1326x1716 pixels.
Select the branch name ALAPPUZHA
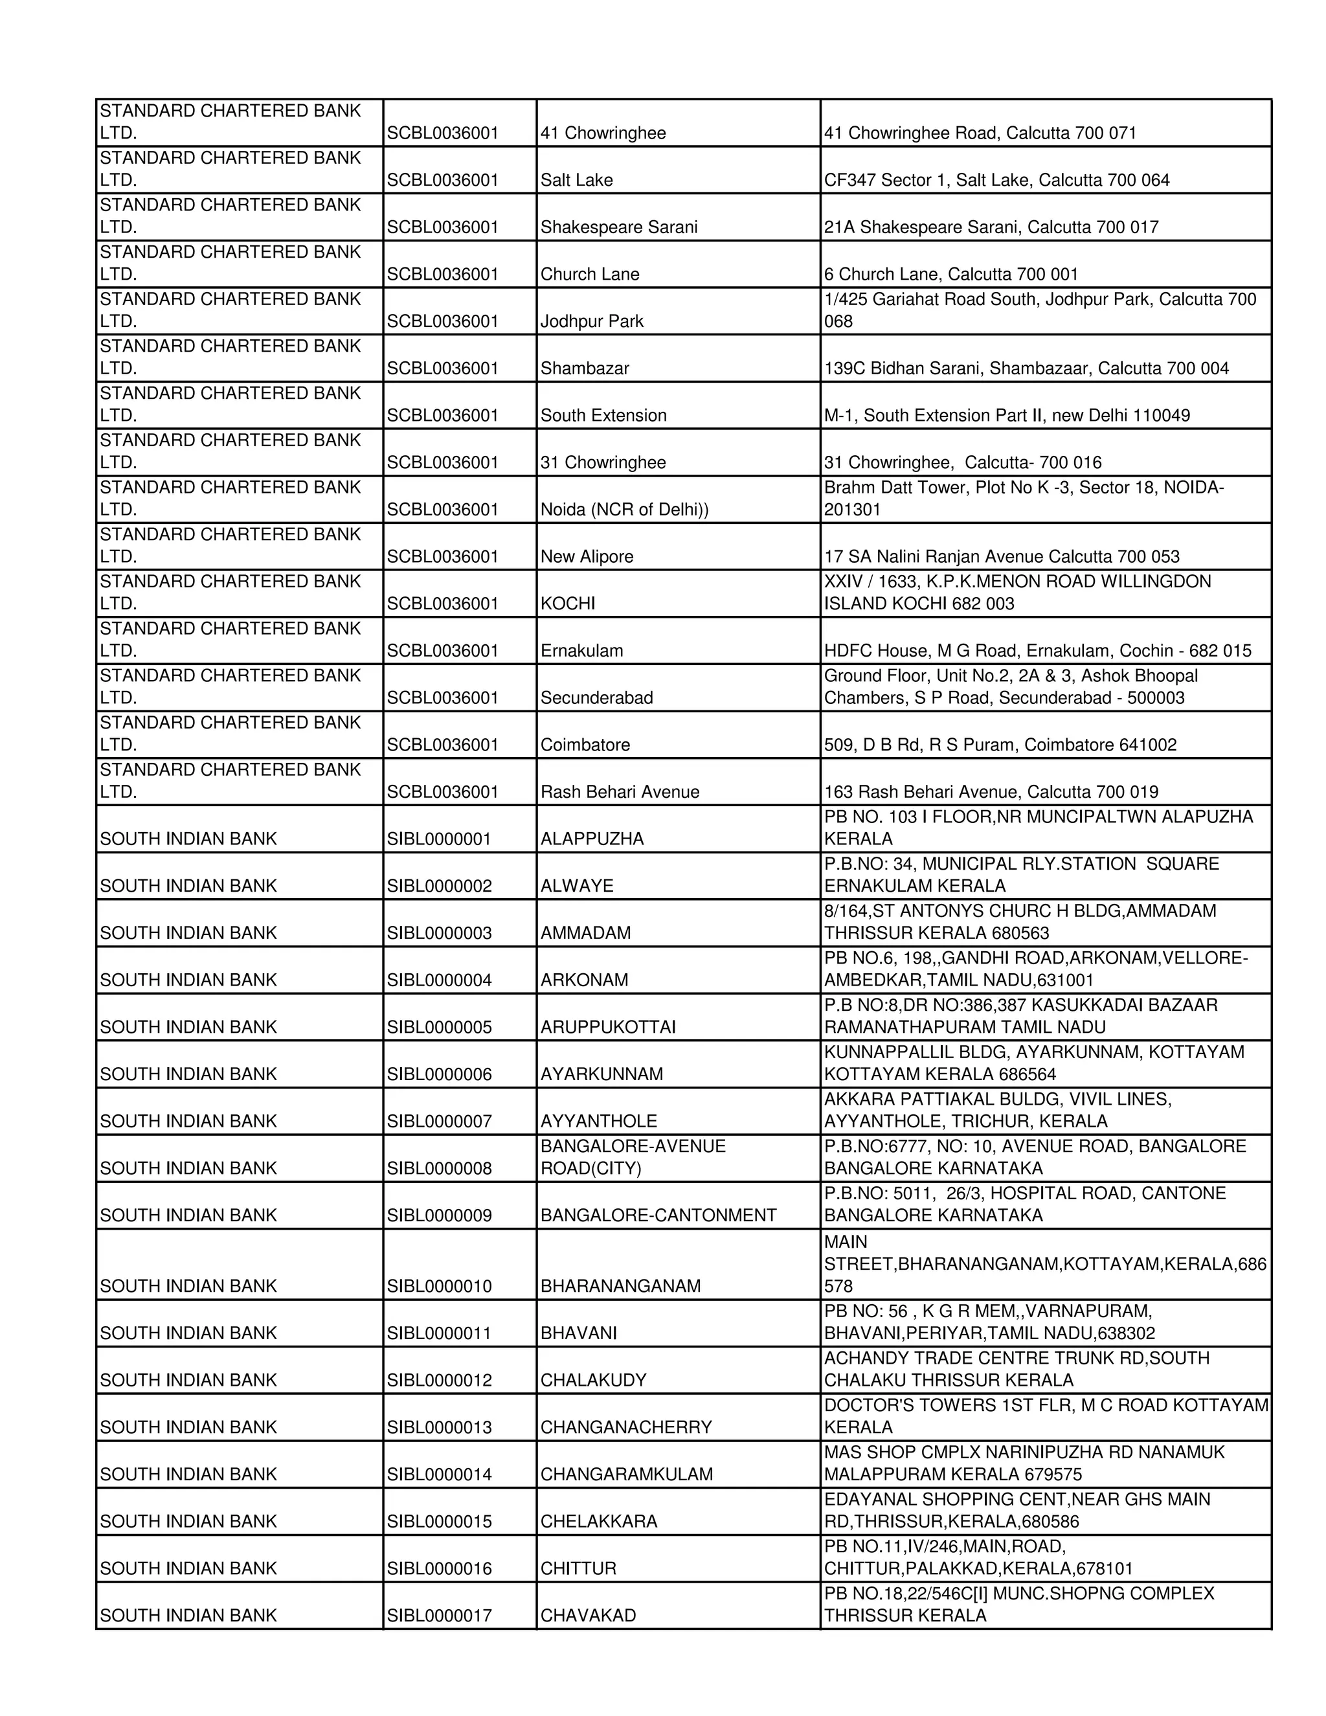click(592, 839)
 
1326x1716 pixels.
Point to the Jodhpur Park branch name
click(592, 321)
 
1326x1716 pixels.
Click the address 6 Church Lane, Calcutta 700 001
click(950, 274)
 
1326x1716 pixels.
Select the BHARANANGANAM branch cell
click(620, 1286)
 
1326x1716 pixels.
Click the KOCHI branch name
click(567, 604)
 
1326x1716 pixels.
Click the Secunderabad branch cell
click(596, 697)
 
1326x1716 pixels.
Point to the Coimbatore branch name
click(585, 745)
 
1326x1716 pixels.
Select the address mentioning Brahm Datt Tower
click(1023, 498)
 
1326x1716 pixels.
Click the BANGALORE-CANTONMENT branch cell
click(658, 1215)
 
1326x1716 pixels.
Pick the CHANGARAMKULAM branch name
click(626, 1474)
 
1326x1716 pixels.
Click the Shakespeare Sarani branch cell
click(618, 227)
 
